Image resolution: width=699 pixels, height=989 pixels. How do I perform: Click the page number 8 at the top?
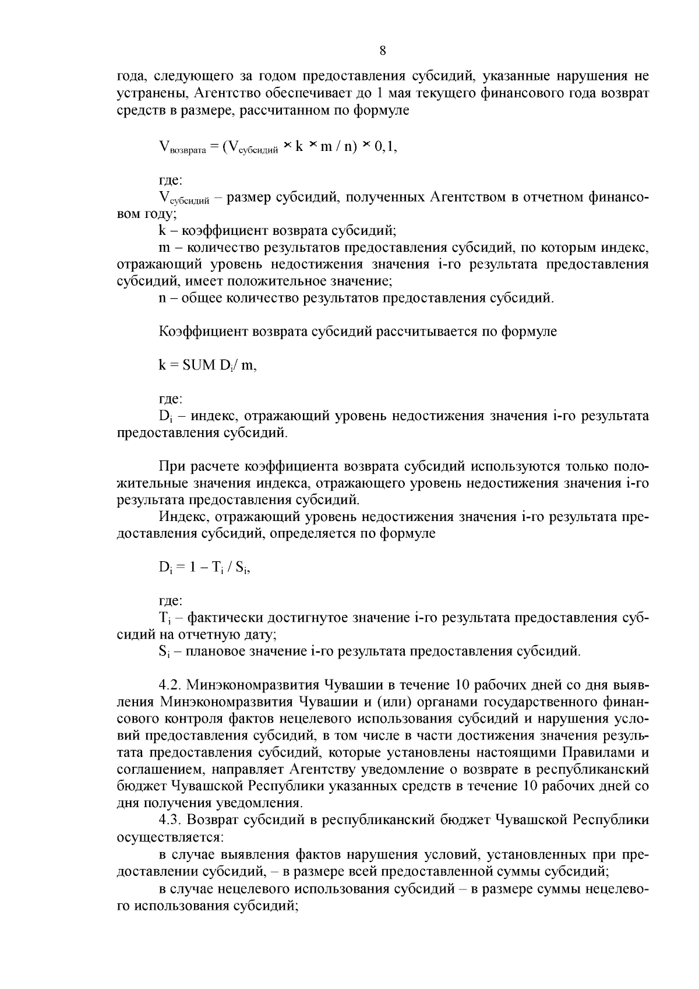(383, 51)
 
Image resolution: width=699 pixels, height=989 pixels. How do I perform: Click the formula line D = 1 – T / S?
(204, 567)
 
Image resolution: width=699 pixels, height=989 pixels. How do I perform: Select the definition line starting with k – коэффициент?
(277, 231)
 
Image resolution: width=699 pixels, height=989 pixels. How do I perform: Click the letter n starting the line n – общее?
(163, 299)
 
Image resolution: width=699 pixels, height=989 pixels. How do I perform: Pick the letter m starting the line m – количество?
(164, 248)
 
